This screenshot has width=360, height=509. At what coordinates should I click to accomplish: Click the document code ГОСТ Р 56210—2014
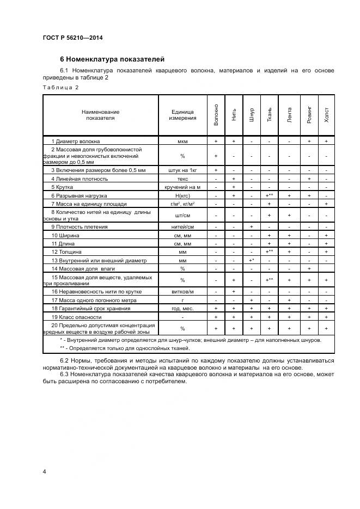(72, 38)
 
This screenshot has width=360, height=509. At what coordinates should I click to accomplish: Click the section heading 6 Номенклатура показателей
(112, 59)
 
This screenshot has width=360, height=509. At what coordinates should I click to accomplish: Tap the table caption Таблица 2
(60, 87)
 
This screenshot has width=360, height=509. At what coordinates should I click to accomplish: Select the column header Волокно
(216, 114)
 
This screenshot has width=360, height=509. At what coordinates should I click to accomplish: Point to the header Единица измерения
(182, 115)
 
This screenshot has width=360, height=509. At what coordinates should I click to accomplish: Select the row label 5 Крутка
(65, 187)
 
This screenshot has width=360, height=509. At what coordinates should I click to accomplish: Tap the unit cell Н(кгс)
(182, 195)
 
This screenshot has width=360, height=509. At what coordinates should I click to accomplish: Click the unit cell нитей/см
(182, 227)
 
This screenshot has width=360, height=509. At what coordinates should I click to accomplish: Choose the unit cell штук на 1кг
(182, 170)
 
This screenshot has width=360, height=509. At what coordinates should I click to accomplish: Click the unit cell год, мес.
(182, 309)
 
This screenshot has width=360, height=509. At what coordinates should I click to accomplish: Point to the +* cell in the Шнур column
(252, 260)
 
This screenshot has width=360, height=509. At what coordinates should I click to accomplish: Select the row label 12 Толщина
(66, 252)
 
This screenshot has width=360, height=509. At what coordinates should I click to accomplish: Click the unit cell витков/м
(182, 292)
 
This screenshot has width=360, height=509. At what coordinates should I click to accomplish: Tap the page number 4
(44, 471)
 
